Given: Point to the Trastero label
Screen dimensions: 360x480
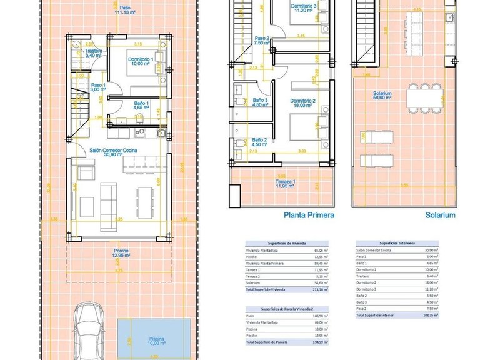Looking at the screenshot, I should [x=94, y=53].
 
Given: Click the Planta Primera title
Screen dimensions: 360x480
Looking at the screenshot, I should [x=309, y=215].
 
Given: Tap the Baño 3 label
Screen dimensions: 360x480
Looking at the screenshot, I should [x=261, y=102].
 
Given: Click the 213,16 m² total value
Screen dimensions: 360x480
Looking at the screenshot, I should [x=320, y=290].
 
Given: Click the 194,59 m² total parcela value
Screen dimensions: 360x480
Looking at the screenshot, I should [x=320, y=342].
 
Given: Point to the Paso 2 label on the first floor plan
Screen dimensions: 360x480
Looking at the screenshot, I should [x=261, y=41].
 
